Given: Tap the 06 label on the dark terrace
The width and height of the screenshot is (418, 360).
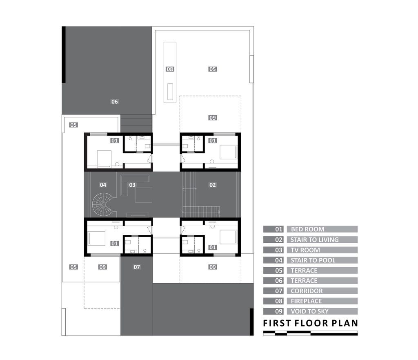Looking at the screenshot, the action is [x=114, y=102].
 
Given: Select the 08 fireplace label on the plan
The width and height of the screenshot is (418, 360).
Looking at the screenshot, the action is [x=170, y=69].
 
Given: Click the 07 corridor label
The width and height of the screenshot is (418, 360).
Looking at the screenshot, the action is [x=137, y=267].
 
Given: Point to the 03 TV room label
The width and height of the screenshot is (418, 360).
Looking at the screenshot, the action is [x=132, y=185].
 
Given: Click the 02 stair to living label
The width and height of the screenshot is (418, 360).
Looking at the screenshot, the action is [x=212, y=185].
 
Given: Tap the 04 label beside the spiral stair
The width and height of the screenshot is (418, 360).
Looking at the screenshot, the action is [x=103, y=185].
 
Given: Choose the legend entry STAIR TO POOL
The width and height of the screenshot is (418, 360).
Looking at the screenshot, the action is [x=313, y=260].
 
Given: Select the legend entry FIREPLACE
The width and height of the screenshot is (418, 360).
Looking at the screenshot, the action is [x=306, y=301].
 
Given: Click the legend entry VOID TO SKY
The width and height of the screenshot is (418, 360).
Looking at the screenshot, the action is [x=309, y=311].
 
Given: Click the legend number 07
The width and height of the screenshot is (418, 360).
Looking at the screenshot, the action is [x=278, y=291].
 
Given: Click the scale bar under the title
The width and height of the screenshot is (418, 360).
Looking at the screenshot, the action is [x=310, y=333].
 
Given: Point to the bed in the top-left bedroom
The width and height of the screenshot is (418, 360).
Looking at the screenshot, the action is [x=104, y=159].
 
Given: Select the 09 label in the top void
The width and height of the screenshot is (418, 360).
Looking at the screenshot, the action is [x=212, y=118].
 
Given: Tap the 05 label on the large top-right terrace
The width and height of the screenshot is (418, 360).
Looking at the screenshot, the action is [x=212, y=69].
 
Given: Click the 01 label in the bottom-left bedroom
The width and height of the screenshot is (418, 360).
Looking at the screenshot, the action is [x=115, y=244].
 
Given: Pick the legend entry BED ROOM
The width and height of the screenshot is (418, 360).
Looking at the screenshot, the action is [x=308, y=229].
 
